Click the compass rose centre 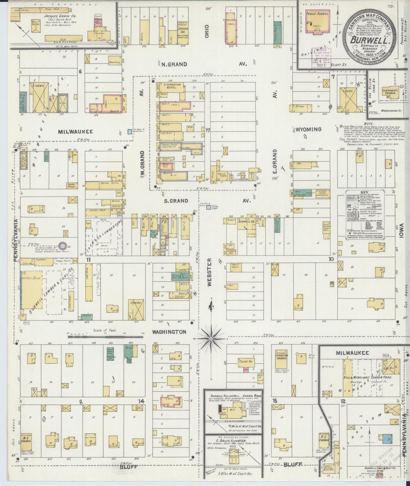tap(211, 339)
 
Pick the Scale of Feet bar tap(105, 337)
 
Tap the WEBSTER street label tap(209, 272)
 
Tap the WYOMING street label tap(308, 130)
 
